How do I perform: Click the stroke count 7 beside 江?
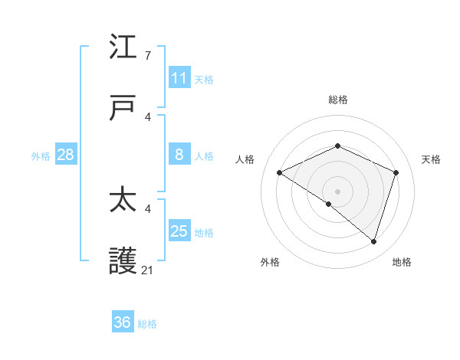point(148,56)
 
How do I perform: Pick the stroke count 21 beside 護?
point(148,270)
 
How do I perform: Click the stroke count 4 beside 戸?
point(148,116)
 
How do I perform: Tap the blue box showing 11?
point(179,78)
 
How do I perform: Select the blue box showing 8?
point(179,155)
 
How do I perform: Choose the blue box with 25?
point(179,231)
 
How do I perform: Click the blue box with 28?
point(65,155)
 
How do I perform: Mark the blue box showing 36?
point(122,322)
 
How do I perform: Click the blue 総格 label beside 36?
point(147,324)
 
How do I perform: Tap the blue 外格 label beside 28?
point(41,155)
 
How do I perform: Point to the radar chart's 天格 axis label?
point(431,159)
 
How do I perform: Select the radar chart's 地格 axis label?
point(402,262)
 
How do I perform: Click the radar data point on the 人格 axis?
point(279,173)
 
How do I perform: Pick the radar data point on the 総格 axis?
point(337,146)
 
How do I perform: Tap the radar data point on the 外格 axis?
point(329,204)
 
